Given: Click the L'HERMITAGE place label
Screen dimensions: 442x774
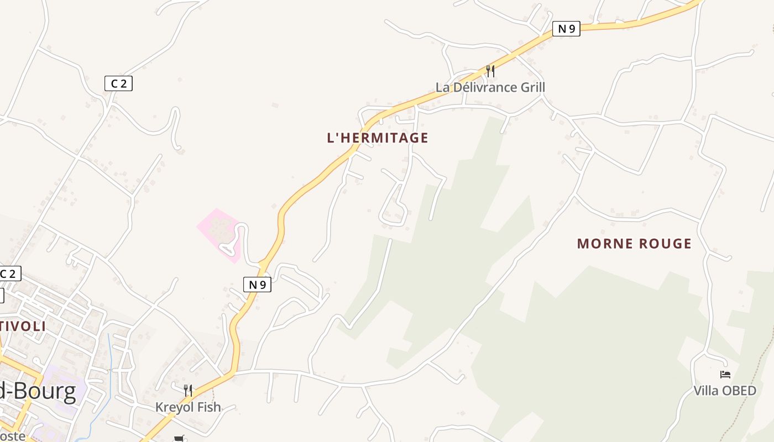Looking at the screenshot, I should click(378, 138).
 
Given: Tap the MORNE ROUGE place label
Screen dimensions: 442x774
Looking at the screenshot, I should click(634, 244).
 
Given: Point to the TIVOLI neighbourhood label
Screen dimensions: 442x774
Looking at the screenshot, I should click(23, 326).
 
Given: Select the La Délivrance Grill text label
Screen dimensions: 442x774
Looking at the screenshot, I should click(490, 87).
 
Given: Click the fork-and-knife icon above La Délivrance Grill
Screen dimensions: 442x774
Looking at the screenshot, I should click(490, 71).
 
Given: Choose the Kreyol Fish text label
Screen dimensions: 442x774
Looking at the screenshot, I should click(188, 407).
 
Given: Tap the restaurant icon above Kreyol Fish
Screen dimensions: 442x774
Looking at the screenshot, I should click(188, 391).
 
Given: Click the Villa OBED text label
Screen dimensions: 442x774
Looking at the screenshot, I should click(725, 391).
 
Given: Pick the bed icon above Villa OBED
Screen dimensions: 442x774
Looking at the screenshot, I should click(725, 375).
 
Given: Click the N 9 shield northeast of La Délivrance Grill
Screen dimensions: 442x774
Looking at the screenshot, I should click(566, 29).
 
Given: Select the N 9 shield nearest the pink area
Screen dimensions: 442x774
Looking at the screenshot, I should click(257, 285).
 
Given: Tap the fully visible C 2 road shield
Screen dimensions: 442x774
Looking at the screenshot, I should click(118, 83).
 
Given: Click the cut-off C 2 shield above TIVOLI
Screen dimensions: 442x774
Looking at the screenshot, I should click(10, 273).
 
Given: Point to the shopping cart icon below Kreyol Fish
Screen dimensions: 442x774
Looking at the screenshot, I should click(179, 439).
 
